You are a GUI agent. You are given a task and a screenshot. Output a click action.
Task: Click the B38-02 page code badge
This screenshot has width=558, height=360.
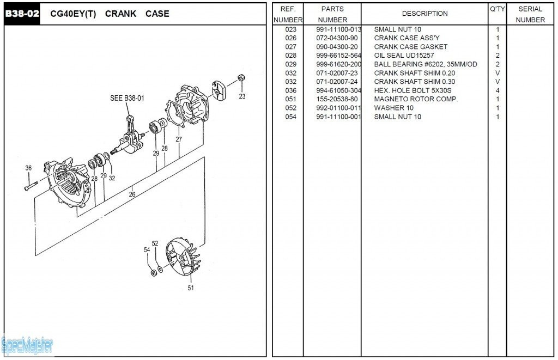pyautogui.click(x=22, y=14)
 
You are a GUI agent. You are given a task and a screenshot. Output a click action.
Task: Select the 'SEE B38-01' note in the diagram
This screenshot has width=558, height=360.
pyautogui.click(x=127, y=98)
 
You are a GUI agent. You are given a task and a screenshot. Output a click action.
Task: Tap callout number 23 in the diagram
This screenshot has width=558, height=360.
pyautogui.click(x=242, y=96)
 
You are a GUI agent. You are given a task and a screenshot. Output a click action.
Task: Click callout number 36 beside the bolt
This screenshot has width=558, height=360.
pyautogui.click(x=28, y=168)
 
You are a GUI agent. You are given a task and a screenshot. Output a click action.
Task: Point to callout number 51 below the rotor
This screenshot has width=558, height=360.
pyautogui.click(x=191, y=288)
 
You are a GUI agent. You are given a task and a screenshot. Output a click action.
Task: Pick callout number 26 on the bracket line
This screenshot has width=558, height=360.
pyautogui.click(x=132, y=194)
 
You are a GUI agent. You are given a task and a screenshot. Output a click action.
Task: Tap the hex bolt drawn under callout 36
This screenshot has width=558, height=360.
pyautogui.click(x=31, y=188)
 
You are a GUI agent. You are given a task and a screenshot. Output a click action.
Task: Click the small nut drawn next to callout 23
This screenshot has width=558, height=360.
pyautogui.click(x=242, y=78)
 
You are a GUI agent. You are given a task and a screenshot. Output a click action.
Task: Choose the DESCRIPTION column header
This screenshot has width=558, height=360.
pyautogui.click(x=424, y=14)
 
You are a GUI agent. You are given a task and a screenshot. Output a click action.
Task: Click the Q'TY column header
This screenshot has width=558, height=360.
pyautogui.click(x=497, y=9)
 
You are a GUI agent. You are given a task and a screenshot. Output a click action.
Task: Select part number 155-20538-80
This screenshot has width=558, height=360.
pyautogui.click(x=337, y=99)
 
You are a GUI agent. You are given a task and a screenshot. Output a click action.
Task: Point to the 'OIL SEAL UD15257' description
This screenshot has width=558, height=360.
pyautogui.click(x=404, y=56)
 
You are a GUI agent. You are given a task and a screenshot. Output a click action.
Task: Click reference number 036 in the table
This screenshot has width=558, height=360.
pyautogui.click(x=290, y=90)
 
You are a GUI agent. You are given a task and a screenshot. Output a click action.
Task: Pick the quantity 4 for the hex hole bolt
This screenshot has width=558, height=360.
pyautogui.click(x=498, y=90)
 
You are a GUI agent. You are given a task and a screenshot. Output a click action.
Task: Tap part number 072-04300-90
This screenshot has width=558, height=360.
pyautogui.click(x=337, y=38)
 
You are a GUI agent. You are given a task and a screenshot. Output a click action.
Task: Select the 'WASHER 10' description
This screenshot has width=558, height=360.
pyautogui.click(x=393, y=108)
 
